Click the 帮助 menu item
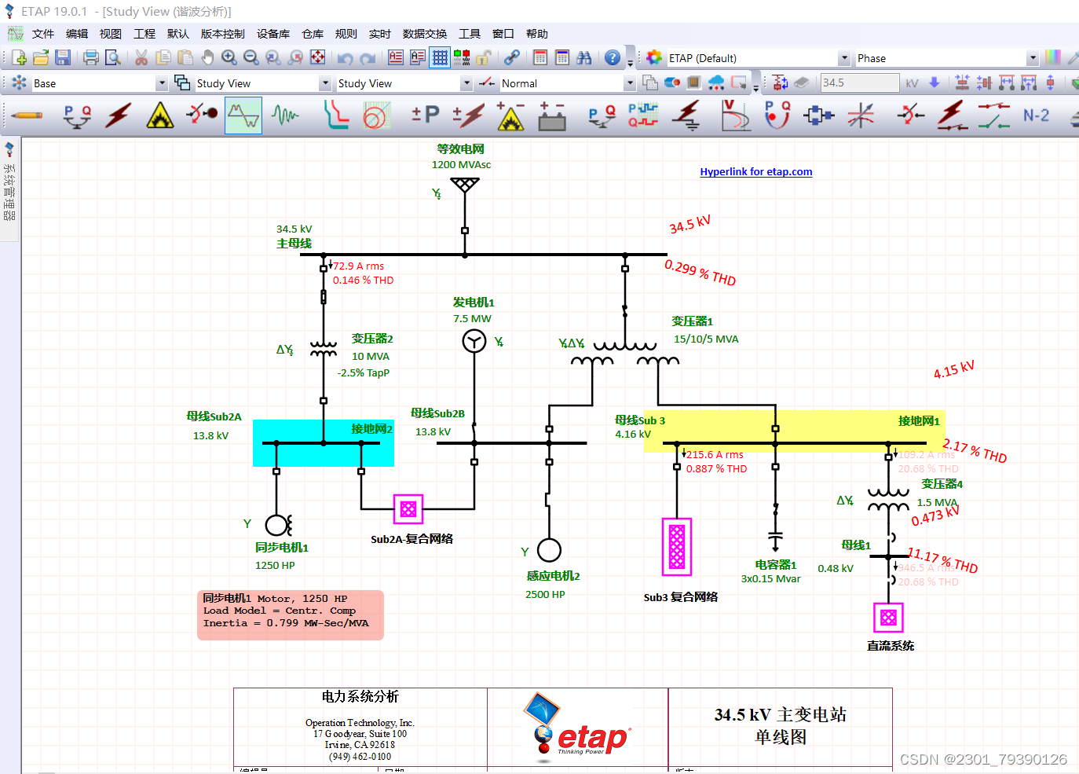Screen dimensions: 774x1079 536,34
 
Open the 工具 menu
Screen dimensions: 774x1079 469,34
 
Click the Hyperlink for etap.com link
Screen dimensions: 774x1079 755,171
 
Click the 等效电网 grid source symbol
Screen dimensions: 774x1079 465,185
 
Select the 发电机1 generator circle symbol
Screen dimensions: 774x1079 474,341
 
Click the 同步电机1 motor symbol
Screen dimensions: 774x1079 277,524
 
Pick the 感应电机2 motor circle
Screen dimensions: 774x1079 549,551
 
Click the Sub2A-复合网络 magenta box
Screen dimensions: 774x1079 408,509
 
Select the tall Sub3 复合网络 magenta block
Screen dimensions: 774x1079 677,546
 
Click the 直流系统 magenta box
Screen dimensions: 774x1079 888,618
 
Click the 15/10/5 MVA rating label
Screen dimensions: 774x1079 706,339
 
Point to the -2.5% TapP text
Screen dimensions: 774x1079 364,372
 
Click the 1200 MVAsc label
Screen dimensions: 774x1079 461,164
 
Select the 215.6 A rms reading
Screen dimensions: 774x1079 715,454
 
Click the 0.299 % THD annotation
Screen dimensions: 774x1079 700,273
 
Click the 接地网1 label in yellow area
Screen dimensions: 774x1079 919,420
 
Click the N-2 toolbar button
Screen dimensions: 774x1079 1036,116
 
